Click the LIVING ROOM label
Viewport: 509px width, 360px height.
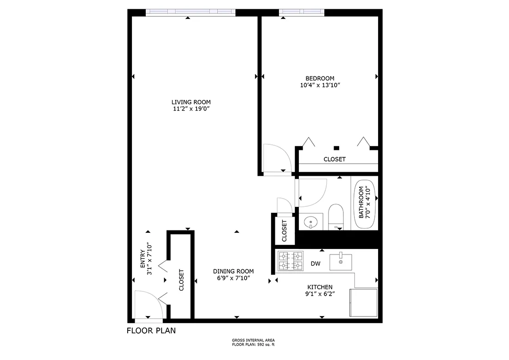[x=191, y=102]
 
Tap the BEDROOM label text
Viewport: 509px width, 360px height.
[x=320, y=78]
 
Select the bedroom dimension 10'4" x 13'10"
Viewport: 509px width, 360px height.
[x=320, y=86]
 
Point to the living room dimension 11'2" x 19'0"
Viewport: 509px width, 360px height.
[x=191, y=109]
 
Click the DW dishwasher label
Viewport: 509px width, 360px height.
[x=315, y=264]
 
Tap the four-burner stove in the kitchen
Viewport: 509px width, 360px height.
[x=291, y=261]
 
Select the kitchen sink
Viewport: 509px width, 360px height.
[x=341, y=262]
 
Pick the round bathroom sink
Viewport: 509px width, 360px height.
[x=310, y=222]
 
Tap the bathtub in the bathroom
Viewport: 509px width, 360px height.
[x=364, y=204]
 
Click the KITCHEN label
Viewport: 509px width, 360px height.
[x=320, y=287]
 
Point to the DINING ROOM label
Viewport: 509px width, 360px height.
[x=233, y=271]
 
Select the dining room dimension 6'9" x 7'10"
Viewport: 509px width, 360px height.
[x=233, y=278]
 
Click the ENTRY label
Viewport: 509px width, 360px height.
[x=143, y=259]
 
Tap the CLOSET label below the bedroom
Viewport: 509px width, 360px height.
[x=335, y=159]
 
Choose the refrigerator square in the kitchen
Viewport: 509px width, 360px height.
[x=364, y=303]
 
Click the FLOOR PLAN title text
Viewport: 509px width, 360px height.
[x=151, y=330]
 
